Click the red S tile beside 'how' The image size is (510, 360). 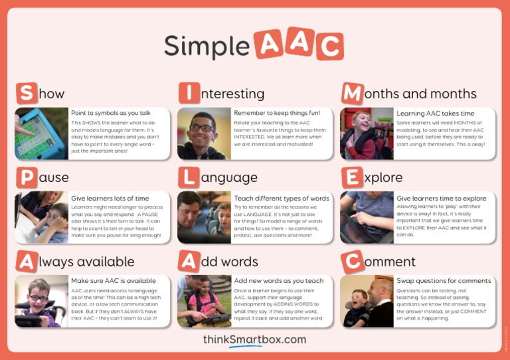(x=26, y=93)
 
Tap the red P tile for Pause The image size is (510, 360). (x=26, y=177)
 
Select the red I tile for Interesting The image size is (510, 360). (x=189, y=93)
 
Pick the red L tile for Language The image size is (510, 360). (x=189, y=177)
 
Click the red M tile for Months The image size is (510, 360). (x=352, y=93)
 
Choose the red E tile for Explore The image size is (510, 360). (x=352, y=177)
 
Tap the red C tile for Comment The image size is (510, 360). (x=352, y=261)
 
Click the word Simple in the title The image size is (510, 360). (x=207, y=46)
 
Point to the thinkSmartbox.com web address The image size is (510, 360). (x=254, y=339)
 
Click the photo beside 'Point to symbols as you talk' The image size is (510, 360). (x=41, y=134)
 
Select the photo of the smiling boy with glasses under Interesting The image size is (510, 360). (x=204, y=134)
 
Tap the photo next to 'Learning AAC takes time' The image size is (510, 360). (x=367, y=134)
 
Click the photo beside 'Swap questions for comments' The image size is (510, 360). (x=367, y=301)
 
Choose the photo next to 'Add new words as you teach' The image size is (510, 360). (x=204, y=301)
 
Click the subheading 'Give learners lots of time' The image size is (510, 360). (x=110, y=198)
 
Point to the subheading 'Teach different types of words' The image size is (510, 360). (x=282, y=198)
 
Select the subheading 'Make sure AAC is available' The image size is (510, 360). (x=114, y=280)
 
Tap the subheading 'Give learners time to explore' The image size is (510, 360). (x=442, y=198)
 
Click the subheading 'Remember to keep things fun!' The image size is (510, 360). (x=277, y=113)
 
